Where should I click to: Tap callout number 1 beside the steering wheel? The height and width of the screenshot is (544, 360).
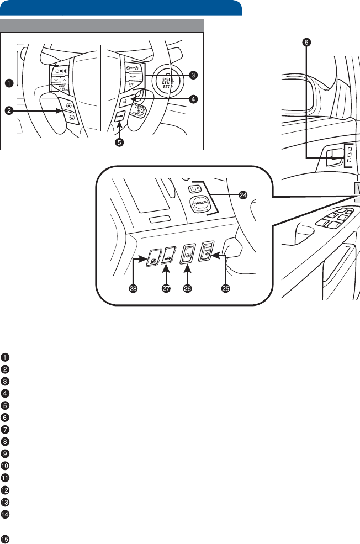click(x=9, y=83)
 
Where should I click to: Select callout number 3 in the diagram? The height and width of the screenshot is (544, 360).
click(x=193, y=75)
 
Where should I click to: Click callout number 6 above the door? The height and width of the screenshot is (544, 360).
click(x=308, y=41)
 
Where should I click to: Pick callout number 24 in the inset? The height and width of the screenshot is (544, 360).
click(x=242, y=194)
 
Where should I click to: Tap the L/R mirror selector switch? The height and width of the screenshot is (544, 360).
click(x=194, y=189)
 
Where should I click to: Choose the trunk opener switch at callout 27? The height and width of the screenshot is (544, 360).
click(x=168, y=255)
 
